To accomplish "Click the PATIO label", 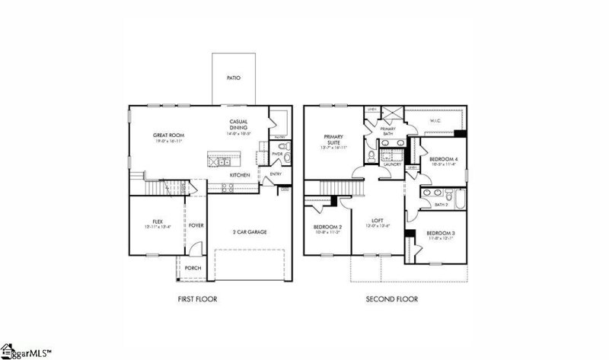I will [235, 78].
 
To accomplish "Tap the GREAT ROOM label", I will [168, 135].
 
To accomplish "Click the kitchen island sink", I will [222, 161].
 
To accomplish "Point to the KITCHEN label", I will [241, 175].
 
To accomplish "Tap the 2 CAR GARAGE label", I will [250, 231].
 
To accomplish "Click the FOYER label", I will [196, 225].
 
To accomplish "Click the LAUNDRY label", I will [392, 164].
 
